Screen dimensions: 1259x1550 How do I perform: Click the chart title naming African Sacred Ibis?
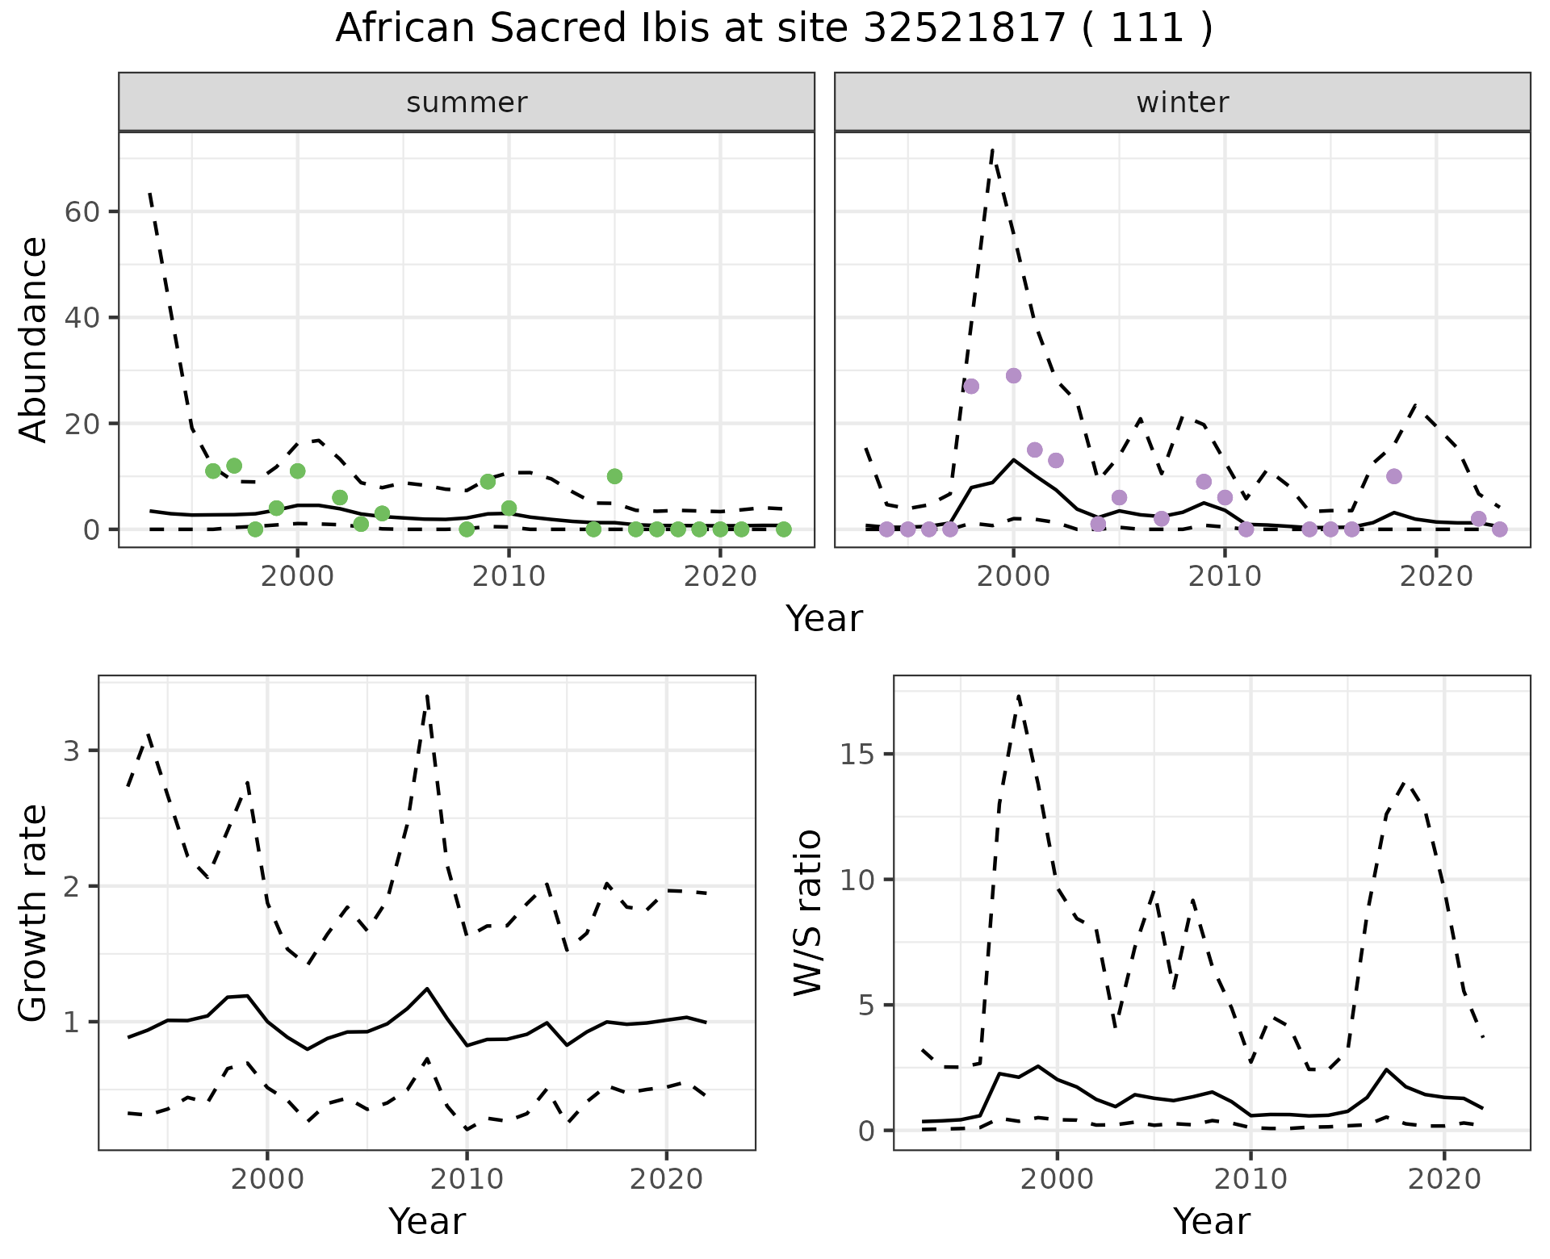coord(773,29)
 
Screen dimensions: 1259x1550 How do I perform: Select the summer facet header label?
coord(467,102)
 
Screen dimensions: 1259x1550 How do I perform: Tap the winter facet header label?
coord(1182,102)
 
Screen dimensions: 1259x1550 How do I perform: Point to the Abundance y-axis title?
coord(33,339)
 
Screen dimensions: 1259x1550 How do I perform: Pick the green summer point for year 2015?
coord(614,476)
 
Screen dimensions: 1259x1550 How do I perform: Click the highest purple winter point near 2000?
coord(1013,375)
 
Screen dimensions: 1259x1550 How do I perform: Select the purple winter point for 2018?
coord(1393,476)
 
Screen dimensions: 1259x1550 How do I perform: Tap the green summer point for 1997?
coord(234,466)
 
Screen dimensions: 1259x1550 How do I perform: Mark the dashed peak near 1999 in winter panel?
coord(992,150)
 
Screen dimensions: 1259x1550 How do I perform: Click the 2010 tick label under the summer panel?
coord(509,577)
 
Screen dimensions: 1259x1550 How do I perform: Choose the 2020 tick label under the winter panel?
coord(1436,577)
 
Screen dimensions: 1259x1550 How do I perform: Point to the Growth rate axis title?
coord(33,914)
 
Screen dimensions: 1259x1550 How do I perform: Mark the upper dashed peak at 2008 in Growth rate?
coord(427,694)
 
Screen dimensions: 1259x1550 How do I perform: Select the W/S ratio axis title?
coord(807,914)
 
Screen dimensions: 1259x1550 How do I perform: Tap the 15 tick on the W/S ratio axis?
coord(861,755)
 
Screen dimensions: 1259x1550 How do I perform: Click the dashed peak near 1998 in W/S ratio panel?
coord(1019,694)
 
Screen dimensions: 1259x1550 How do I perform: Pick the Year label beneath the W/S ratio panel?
coord(1211,1222)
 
